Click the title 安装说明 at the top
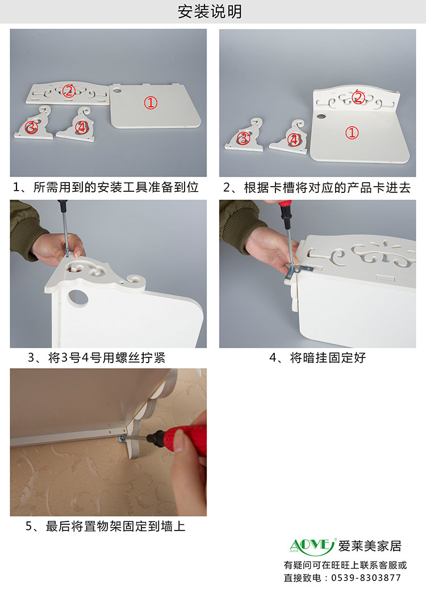pyautogui.click(x=210, y=11)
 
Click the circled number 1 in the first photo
pyautogui.click(x=151, y=103)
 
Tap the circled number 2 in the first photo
pyautogui.click(x=69, y=91)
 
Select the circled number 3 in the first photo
pyautogui.click(x=31, y=127)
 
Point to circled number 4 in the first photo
pyautogui.click(x=81, y=127)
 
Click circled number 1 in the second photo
pyautogui.click(x=352, y=133)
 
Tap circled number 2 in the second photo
pyautogui.click(x=358, y=98)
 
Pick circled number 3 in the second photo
pyautogui.click(x=243, y=138)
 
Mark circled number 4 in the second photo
pyautogui.click(x=294, y=139)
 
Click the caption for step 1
pyautogui.click(x=106, y=187)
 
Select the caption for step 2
pyautogui.click(x=317, y=187)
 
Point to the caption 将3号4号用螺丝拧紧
pyautogui.click(x=107, y=358)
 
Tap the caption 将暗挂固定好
pyautogui.click(x=328, y=358)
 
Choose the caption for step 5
pyautogui.click(x=105, y=526)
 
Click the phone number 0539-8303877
pyautogui.click(x=366, y=578)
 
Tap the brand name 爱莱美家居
pyautogui.click(x=370, y=546)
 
